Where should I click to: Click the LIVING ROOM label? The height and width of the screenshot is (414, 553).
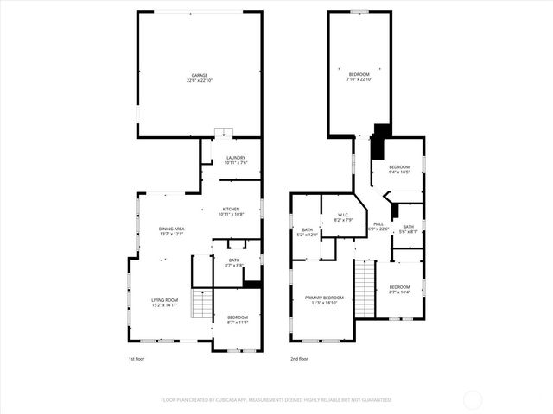coord(165,302)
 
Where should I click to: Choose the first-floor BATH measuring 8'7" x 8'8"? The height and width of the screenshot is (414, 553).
coord(234,262)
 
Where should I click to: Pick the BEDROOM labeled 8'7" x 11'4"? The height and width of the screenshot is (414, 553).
coord(238,320)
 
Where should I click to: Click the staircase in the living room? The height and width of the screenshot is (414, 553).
coord(201,304)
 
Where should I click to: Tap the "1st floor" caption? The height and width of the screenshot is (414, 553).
coord(135,357)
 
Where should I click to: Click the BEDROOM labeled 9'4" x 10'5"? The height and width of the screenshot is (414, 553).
coord(398,169)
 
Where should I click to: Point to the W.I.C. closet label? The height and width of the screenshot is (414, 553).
coord(343,218)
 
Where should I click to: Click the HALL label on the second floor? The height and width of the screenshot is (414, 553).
coord(378,226)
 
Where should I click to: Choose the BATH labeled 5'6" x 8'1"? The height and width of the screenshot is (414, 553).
coord(408,229)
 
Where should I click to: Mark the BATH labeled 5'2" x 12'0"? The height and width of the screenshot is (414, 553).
coord(308,232)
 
